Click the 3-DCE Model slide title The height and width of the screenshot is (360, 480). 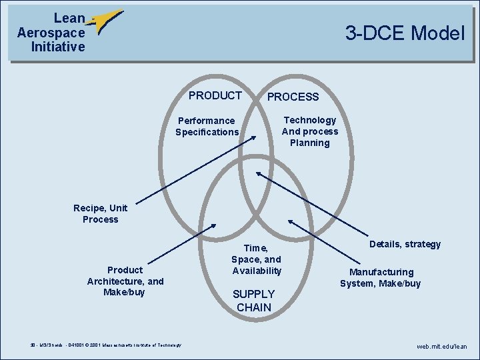(404, 33)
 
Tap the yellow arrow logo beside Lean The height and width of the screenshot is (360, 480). (106, 21)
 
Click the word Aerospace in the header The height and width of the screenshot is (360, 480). (51, 33)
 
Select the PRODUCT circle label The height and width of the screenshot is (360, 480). (215, 95)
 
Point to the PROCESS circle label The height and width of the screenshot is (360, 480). (293, 97)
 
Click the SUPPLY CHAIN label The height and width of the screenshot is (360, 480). (253, 301)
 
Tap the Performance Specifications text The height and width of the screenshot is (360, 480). (207, 126)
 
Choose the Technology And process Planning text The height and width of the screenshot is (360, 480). (310, 131)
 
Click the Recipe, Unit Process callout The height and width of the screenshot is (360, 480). (100, 213)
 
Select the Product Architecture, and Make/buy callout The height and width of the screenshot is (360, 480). (125, 281)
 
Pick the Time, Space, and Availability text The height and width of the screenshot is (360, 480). (257, 259)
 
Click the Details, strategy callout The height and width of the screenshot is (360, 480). (405, 244)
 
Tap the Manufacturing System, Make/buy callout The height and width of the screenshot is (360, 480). (381, 277)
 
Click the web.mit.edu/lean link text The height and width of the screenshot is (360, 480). (442, 347)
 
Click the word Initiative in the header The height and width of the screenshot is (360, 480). (58, 47)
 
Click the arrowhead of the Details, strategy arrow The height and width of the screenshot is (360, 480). (259, 175)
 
